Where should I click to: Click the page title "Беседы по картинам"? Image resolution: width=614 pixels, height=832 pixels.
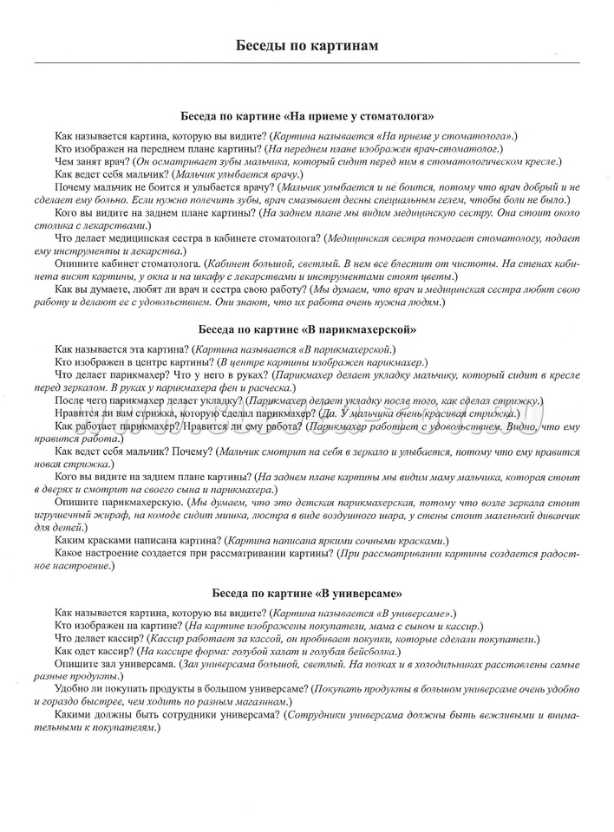tap(307, 45)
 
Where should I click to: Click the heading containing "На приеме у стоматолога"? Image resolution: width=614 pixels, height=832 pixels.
tap(307, 114)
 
